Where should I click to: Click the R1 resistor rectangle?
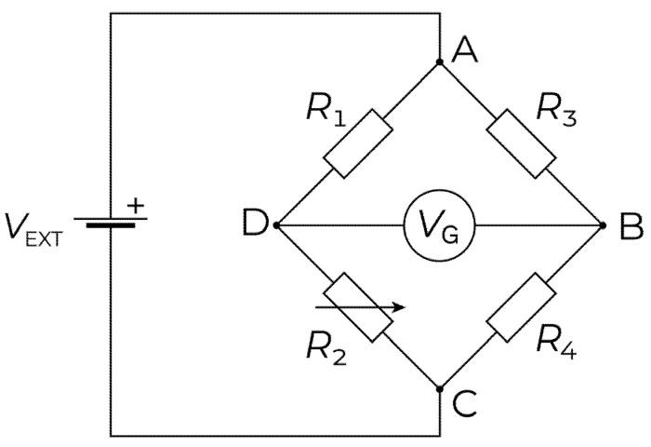tap(353, 142)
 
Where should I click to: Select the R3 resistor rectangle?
tap(522, 142)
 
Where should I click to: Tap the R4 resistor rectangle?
tap(522, 307)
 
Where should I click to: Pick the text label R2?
tap(326, 348)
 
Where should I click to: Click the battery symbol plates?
tap(111, 223)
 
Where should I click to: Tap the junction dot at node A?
tap(440, 62)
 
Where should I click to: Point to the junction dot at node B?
tap(603, 224)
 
